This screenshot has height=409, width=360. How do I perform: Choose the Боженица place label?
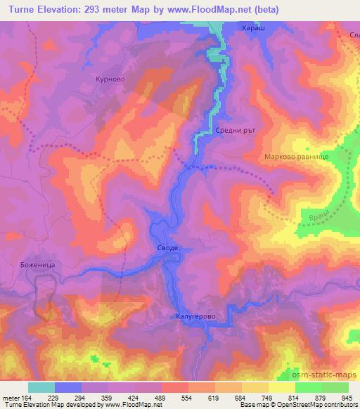[28, 265]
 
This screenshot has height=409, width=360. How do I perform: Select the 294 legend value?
[82, 397]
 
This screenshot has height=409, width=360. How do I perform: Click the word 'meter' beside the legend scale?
[12, 397]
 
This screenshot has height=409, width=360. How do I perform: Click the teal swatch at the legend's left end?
[41, 387]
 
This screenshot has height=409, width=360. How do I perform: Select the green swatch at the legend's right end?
[335, 387]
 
